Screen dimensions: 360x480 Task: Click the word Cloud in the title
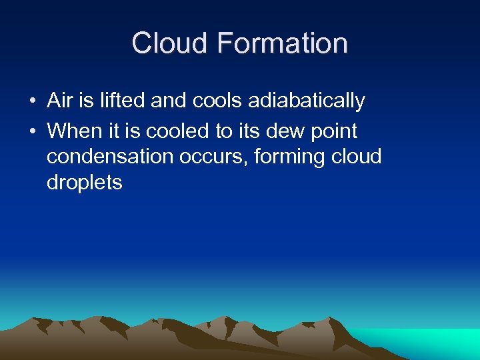point(170,43)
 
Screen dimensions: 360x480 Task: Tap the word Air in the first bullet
point(59,101)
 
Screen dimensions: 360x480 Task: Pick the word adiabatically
point(307,101)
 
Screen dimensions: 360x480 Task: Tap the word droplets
point(85,183)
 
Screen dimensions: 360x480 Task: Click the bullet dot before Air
point(31,101)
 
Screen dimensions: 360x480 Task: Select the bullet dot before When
point(31,131)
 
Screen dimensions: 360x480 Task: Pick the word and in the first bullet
point(169,101)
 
